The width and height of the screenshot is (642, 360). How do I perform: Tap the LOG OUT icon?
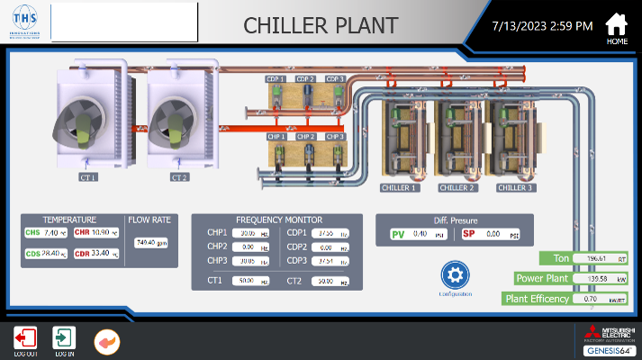point(25,339)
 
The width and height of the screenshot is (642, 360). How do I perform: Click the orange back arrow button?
point(106,341)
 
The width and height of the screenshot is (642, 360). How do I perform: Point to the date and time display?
point(542,25)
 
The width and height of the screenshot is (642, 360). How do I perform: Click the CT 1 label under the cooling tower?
point(87,177)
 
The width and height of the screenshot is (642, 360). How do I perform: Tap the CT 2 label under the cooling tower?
point(178,177)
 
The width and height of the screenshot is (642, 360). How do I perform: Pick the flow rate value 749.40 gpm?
point(149,242)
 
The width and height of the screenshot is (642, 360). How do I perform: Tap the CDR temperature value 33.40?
point(104,253)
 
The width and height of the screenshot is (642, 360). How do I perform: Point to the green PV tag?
point(398,234)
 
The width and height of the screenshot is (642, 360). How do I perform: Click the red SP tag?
point(468,234)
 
